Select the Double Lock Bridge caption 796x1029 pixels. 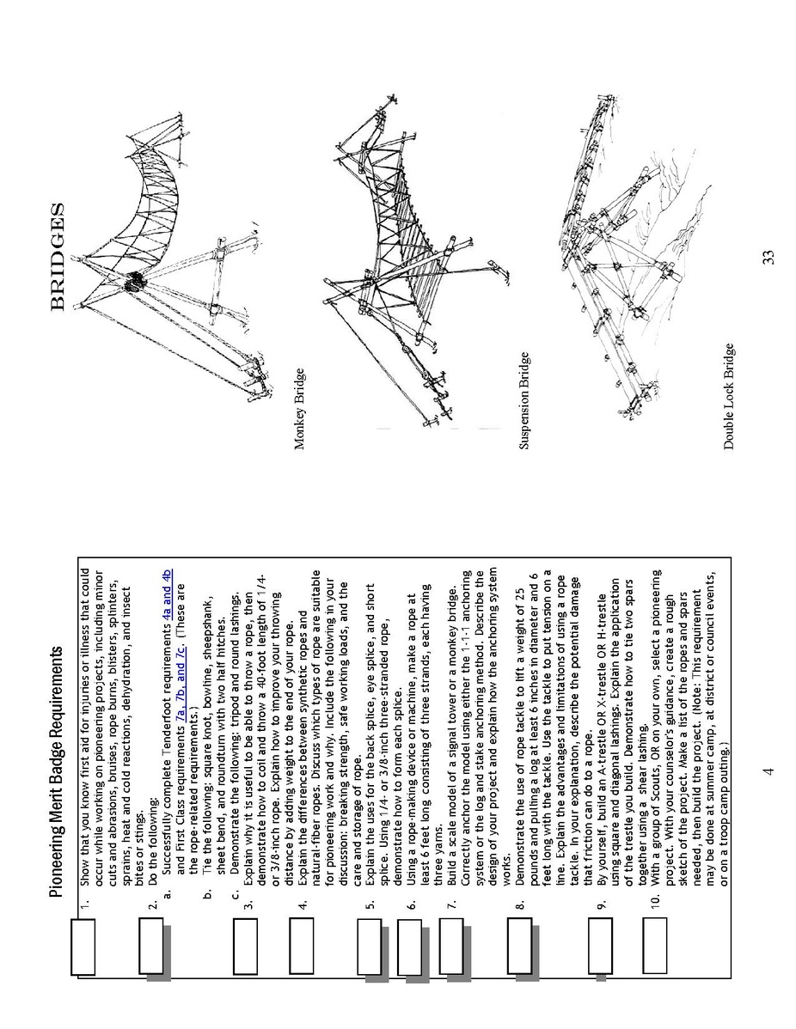coord(729,396)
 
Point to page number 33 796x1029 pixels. coord(768,257)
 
